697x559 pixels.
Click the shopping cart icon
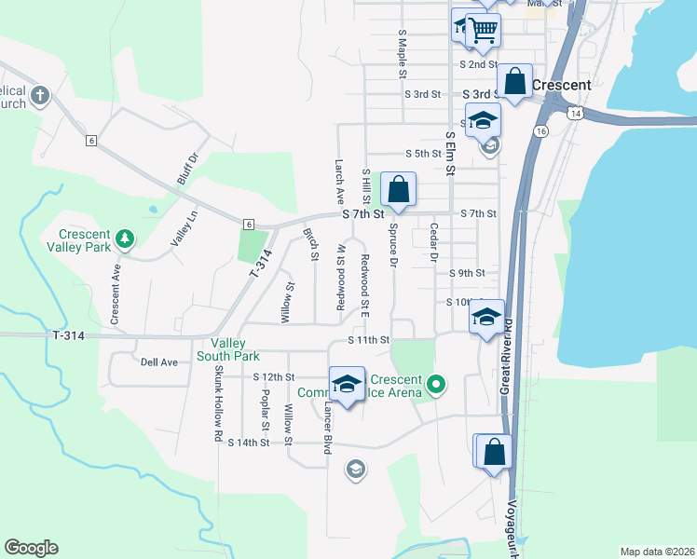click(482, 30)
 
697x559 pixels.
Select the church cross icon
click(39, 95)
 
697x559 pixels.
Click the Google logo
click(31, 548)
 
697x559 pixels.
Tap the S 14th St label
click(249, 443)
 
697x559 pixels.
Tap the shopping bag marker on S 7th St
click(399, 190)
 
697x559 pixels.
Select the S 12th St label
click(274, 377)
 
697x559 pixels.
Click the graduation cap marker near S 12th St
click(347, 385)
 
